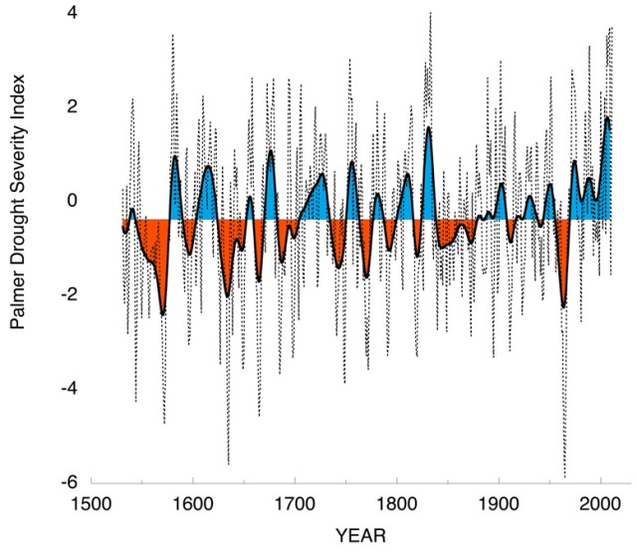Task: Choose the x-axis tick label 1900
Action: pyautogui.click(x=498, y=501)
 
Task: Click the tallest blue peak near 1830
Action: pyautogui.click(x=429, y=128)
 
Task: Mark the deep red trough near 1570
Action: pyautogui.click(x=162, y=313)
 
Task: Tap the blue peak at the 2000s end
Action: pyautogui.click(x=607, y=118)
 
